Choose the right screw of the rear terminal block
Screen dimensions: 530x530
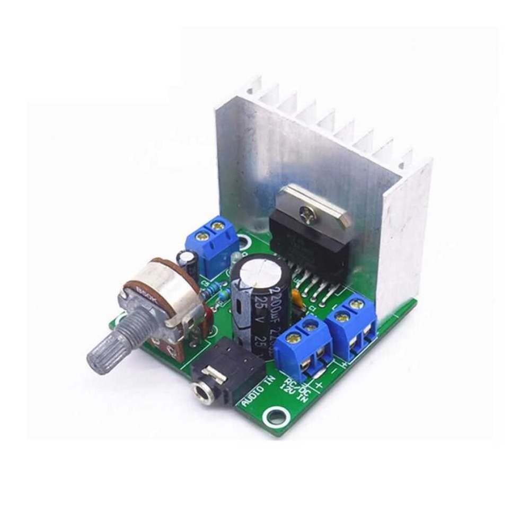tap(216, 227)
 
